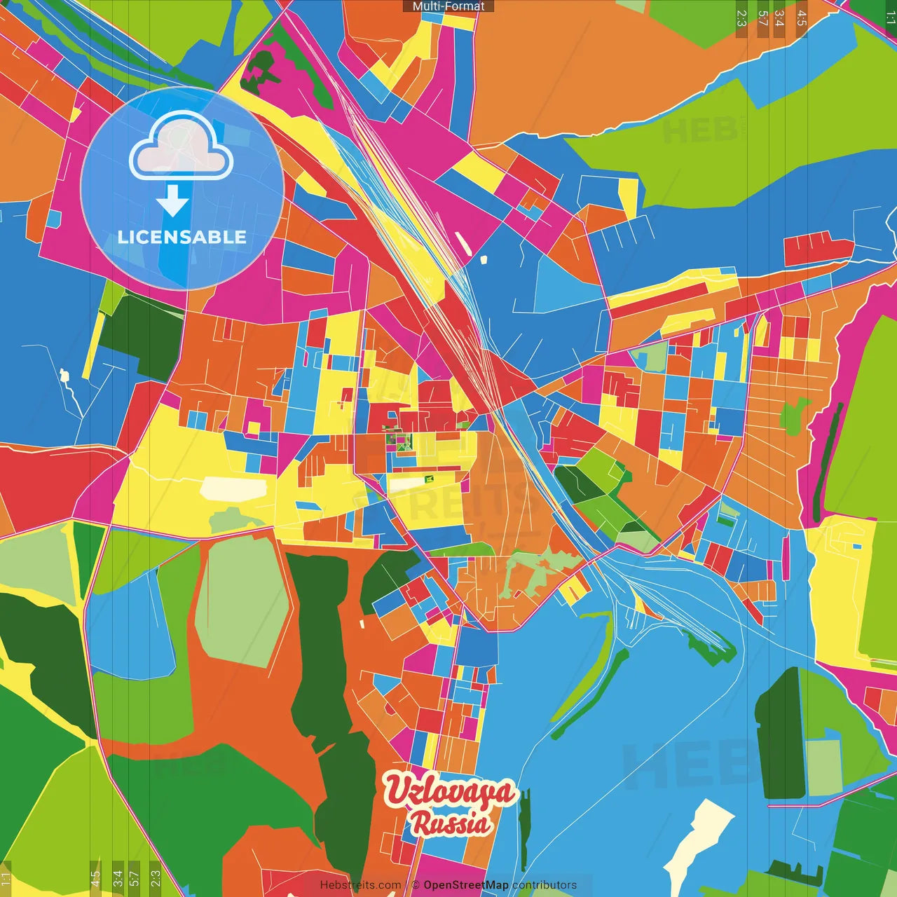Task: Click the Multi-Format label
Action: pos(448,6)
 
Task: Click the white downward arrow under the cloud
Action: pos(172,201)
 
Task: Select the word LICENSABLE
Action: pos(182,237)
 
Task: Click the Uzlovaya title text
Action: pos(448,791)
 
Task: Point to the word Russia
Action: pos(450,823)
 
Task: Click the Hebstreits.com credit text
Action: pos(360,885)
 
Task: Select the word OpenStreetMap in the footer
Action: pos(465,885)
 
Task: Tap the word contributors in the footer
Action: pos(545,885)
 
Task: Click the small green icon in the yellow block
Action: pos(429,479)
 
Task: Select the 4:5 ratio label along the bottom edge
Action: pos(95,877)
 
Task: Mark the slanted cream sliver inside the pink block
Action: pos(463,242)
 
